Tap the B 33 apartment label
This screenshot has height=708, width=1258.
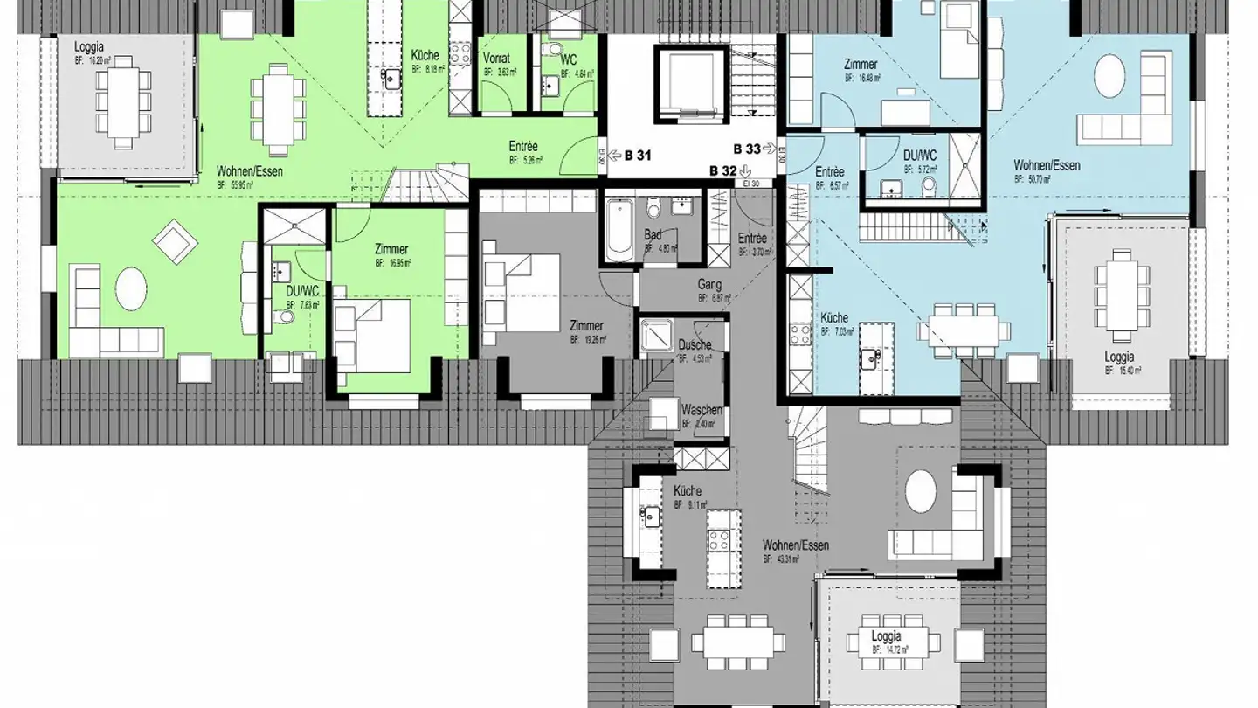[748, 149]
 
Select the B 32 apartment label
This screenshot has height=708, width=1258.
[724, 170]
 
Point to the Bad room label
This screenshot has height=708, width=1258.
[653, 234]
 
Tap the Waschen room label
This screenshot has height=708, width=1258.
[701, 410]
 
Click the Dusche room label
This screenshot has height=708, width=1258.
[695, 345]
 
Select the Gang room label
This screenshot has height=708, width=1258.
[708, 284]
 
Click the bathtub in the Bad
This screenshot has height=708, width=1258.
[619, 229]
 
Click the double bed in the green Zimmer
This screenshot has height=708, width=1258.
[374, 335]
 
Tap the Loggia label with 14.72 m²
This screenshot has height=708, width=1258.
[885, 637]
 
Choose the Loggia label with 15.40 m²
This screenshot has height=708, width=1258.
[1119, 357]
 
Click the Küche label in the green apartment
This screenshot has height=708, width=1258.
[425, 56]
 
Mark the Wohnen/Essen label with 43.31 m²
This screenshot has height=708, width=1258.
[795, 545]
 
